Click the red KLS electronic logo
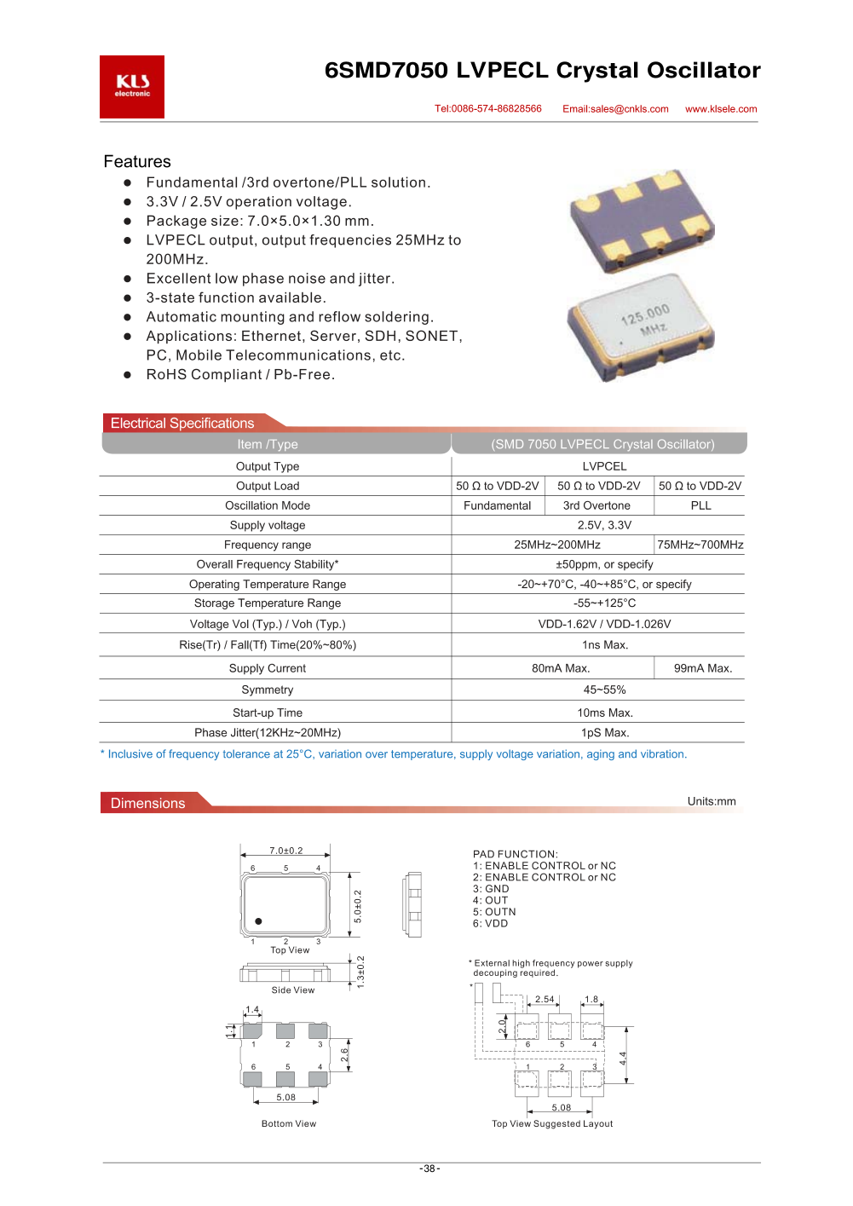[132, 87]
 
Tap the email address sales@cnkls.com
[615, 109]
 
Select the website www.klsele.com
[721, 109]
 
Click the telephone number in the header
[488, 109]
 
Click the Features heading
[137, 162]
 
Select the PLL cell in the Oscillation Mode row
[700, 506]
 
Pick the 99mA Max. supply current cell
[702, 669]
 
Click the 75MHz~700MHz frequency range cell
[700, 545]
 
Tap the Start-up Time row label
[268, 713]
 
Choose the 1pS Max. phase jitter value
[605, 733]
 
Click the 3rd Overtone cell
[597, 506]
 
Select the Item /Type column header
[268, 445]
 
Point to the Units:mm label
[712, 802]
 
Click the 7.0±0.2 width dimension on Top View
[286, 851]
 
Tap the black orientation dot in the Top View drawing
[258, 921]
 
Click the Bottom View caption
[289, 1124]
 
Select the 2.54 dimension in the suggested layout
[545, 1000]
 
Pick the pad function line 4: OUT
[491, 901]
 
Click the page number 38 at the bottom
[429, 1169]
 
